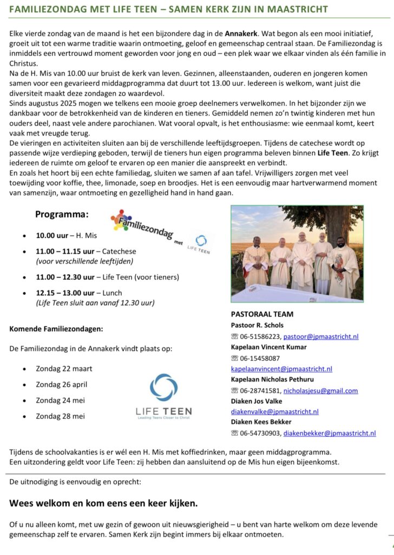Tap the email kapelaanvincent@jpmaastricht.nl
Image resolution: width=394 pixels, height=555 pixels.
[281, 369]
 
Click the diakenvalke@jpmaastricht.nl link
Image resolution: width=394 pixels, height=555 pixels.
[274, 411]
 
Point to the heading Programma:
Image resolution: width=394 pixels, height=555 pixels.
[62, 215]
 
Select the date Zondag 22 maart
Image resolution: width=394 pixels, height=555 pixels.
[64, 369]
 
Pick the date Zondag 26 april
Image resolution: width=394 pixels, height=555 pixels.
[61, 384]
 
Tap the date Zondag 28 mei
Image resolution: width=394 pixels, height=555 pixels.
[60, 416]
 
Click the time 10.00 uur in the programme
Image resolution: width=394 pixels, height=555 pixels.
[52, 236]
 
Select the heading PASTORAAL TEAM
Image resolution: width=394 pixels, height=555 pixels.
[262, 314]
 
